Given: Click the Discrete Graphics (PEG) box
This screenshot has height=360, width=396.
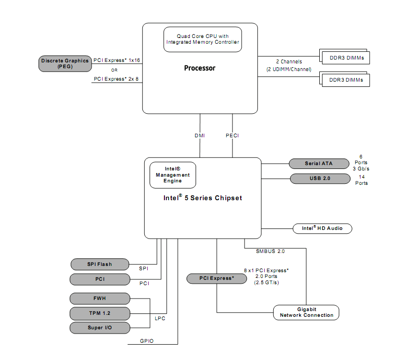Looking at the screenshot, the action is point(65,64).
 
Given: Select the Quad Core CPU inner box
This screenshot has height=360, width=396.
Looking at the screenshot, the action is point(202,39).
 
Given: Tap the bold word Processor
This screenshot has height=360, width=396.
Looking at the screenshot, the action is point(199,68).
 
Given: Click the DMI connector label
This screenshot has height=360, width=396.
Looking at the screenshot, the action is point(199,136).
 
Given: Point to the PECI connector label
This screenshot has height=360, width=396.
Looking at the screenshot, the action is point(232,136).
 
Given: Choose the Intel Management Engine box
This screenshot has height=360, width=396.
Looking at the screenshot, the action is point(173,175).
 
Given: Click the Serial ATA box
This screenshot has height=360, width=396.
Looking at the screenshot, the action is point(319,164).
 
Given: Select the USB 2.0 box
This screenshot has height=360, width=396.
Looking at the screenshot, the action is point(320,179).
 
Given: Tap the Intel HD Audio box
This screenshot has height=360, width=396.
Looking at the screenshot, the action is point(322,228).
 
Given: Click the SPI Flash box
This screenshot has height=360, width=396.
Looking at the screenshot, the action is point(100,264).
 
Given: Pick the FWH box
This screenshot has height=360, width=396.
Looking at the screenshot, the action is point(100,299).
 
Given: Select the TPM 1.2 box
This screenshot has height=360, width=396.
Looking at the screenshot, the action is point(100,313).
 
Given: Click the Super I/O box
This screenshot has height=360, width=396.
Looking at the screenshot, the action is point(100,328).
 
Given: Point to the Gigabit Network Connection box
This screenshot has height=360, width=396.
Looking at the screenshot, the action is point(306,312).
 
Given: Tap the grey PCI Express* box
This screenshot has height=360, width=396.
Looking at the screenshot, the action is point(217,278).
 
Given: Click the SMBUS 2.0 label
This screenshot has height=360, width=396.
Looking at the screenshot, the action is point(270,252).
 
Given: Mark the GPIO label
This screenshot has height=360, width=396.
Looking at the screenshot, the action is point(147,341).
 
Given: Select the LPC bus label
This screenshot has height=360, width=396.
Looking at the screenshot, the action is point(160,319).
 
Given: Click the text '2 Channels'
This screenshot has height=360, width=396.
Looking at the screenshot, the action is point(289,62).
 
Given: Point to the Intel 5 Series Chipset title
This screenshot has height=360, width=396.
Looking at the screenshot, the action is point(202,198).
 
